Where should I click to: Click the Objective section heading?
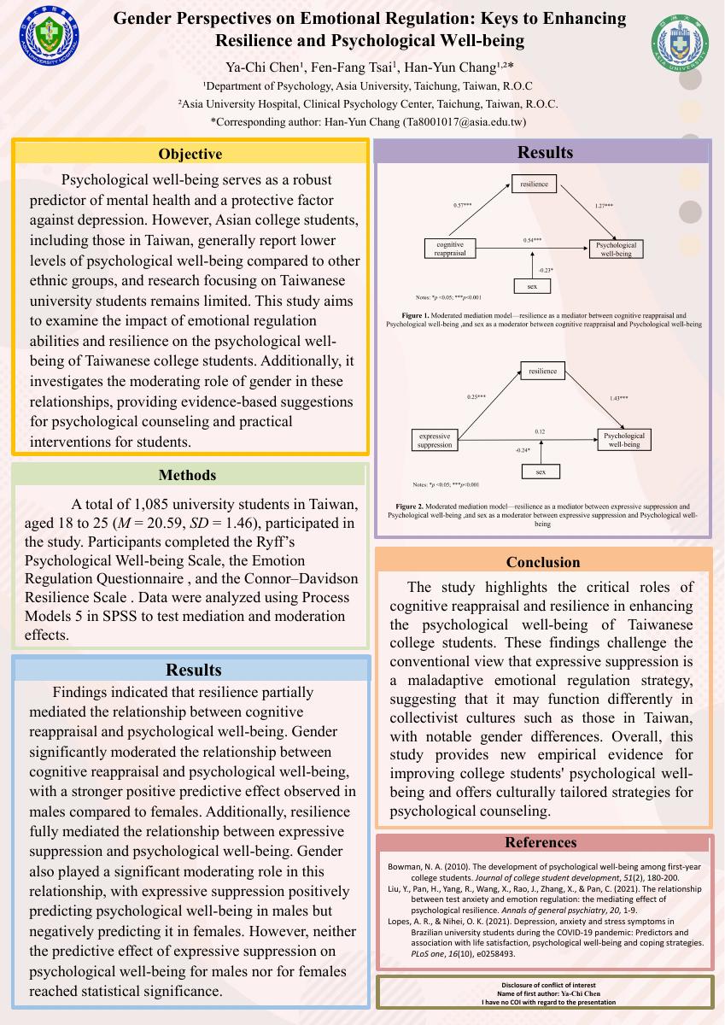click(x=190, y=155)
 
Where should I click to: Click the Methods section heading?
click(x=187, y=476)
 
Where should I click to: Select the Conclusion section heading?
click(x=543, y=562)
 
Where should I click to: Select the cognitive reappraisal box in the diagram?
click(x=449, y=249)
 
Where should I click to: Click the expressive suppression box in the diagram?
click(x=434, y=440)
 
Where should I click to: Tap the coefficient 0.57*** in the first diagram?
click(x=462, y=206)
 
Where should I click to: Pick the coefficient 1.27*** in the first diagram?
click(x=603, y=206)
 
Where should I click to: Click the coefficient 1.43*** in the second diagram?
click(x=618, y=398)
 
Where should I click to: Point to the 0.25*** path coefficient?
click(x=476, y=397)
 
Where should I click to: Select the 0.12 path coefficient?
click(x=540, y=432)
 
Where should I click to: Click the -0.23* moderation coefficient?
click(x=546, y=271)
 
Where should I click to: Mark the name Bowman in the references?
click(x=406, y=867)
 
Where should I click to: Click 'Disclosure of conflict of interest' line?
click(x=547, y=986)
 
